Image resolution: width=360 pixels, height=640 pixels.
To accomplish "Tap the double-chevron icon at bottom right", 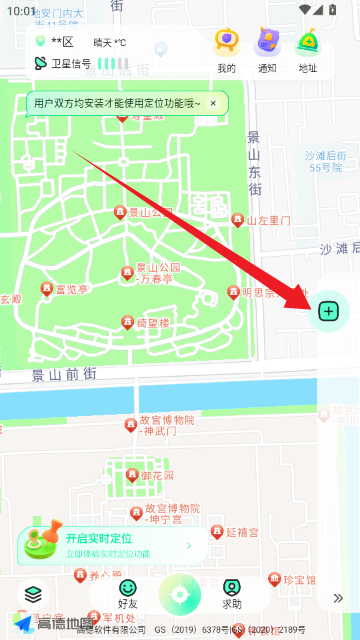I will pyautogui.click(x=339, y=598).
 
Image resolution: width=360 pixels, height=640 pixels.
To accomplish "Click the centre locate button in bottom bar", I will pyautogui.click(x=180, y=596).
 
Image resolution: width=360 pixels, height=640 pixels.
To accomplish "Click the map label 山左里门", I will pyautogui.click(x=268, y=220).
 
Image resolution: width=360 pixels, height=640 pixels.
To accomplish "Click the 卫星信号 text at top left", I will pyautogui.click(x=71, y=64).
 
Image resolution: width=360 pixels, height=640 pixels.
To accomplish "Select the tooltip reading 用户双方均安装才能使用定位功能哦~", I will pyautogui.click(x=117, y=103).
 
